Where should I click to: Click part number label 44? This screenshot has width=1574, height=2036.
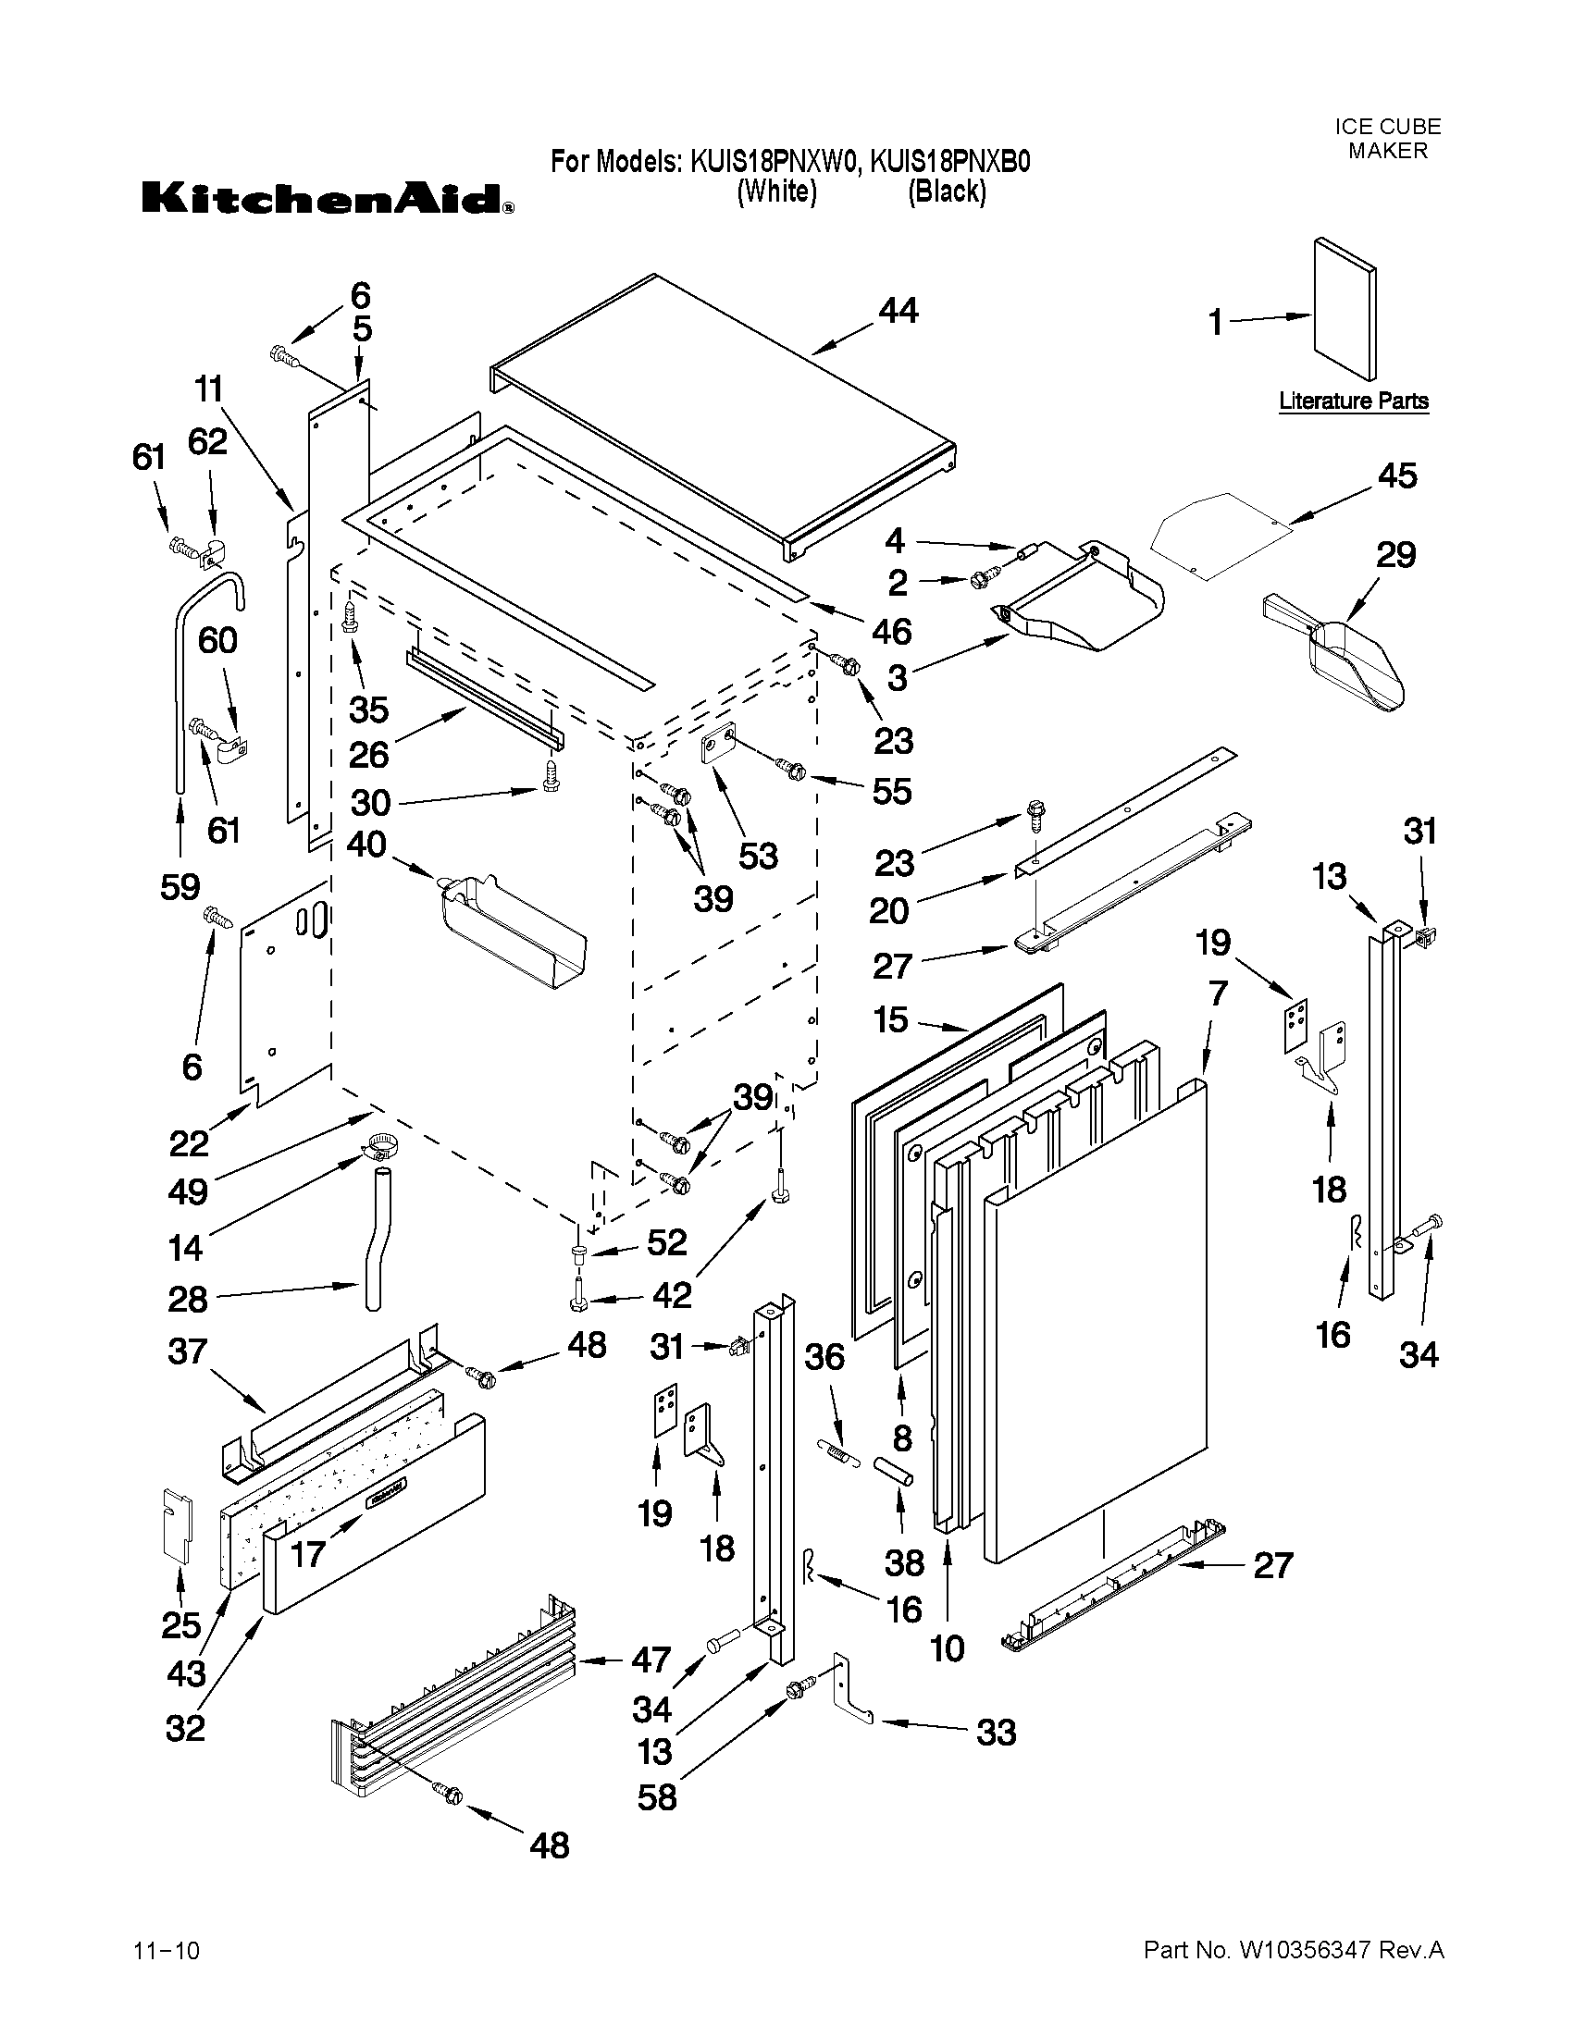pyautogui.click(x=898, y=311)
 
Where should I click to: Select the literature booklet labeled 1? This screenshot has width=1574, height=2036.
pyautogui.click(x=1344, y=310)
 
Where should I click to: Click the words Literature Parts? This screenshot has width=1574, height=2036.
pyautogui.click(x=1353, y=401)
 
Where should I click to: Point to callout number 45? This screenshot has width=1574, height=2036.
pyautogui.click(x=1396, y=476)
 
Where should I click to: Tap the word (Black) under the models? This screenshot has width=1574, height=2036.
pyautogui.click(x=947, y=192)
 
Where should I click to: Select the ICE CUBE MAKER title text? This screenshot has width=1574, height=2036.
pyautogui.click(x=1386, y=138)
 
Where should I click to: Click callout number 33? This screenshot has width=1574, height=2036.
pyautogui.click(x=995, y=1733)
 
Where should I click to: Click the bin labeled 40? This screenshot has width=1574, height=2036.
pyautogui.click(x=513, y=932)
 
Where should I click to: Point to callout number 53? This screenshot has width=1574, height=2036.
pyautogui.click(x=756, y=856)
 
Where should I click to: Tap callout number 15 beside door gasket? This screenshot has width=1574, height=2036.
pyautogui.click(x=890, y=1019)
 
